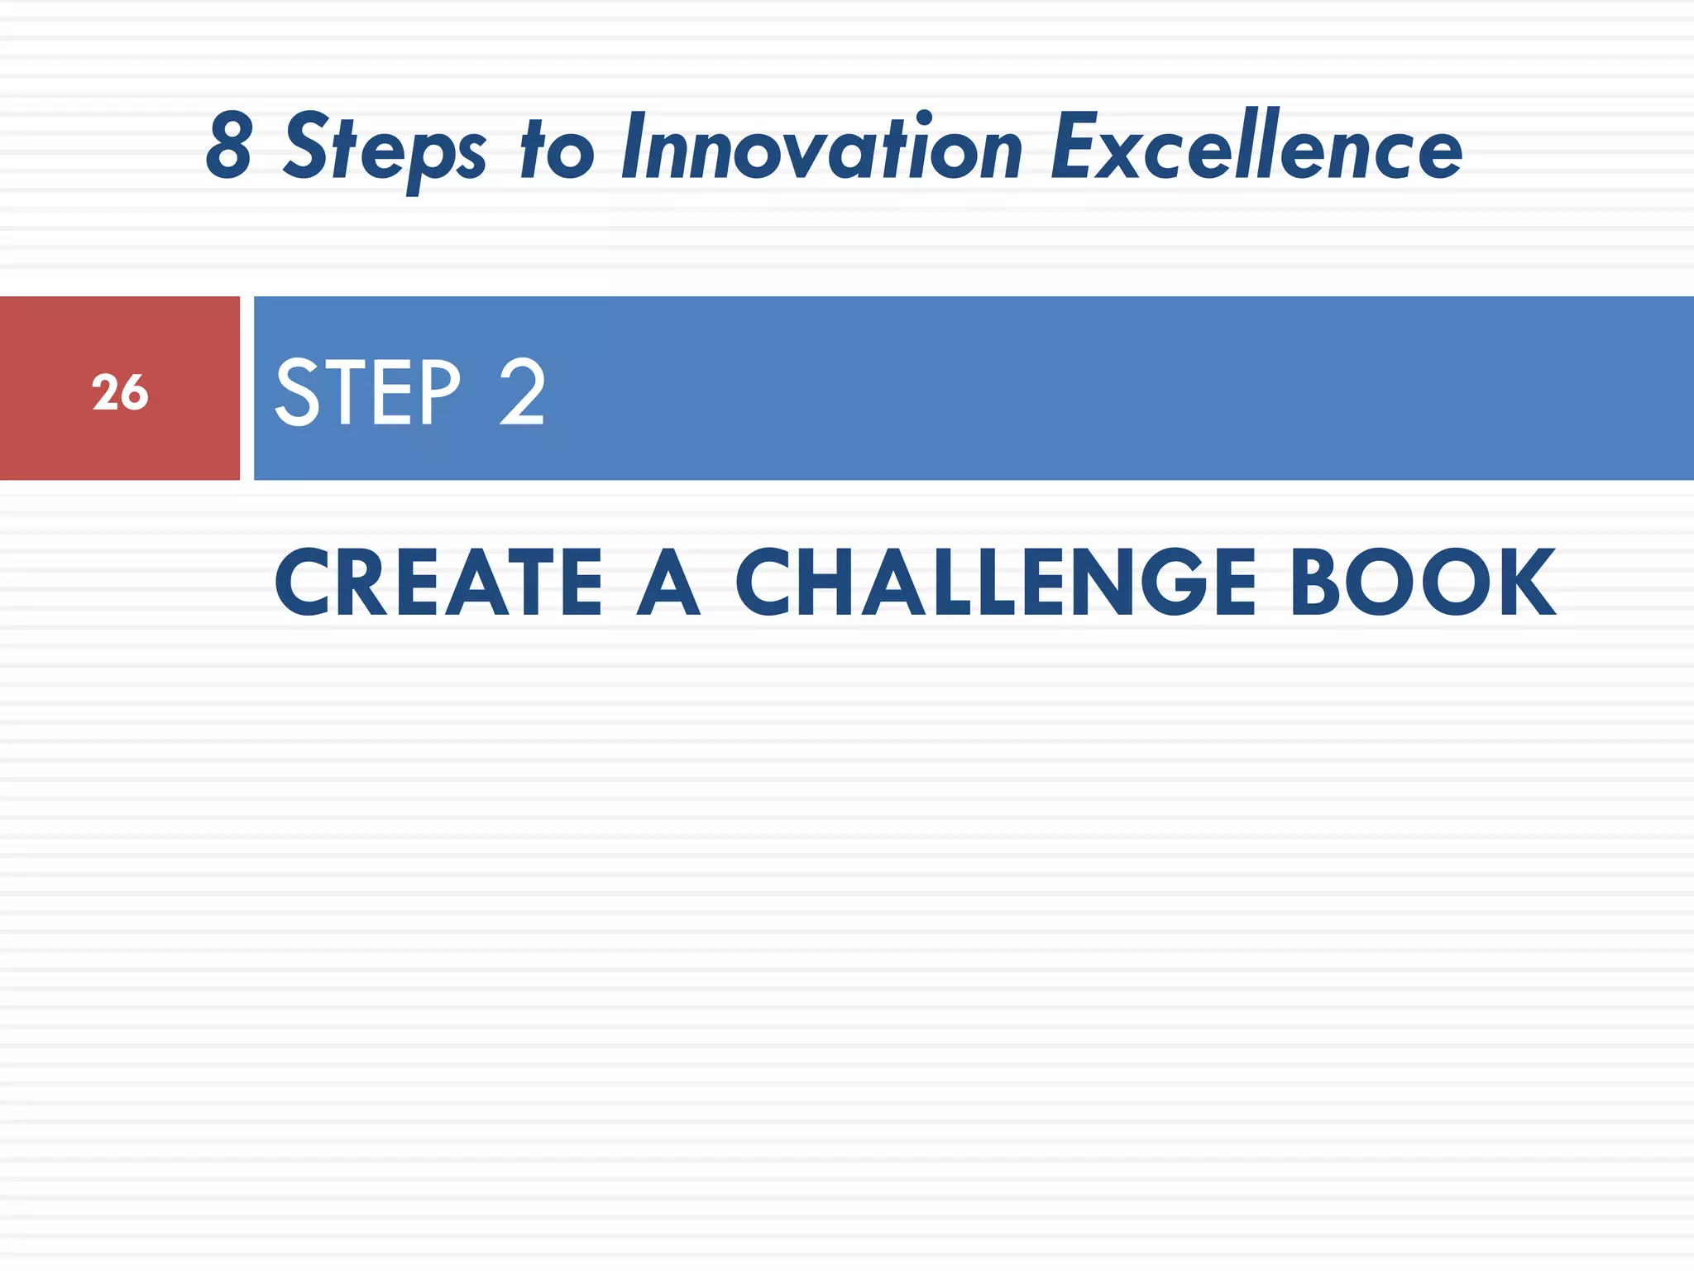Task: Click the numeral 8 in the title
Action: coord(229,147)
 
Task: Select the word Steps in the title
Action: coord(385,149)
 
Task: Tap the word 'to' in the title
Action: coord(557,149)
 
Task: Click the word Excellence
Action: coord(1256,147)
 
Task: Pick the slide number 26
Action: coord(120,392)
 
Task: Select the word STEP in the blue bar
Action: coord(367,392)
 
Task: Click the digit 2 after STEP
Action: coord(522,392)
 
